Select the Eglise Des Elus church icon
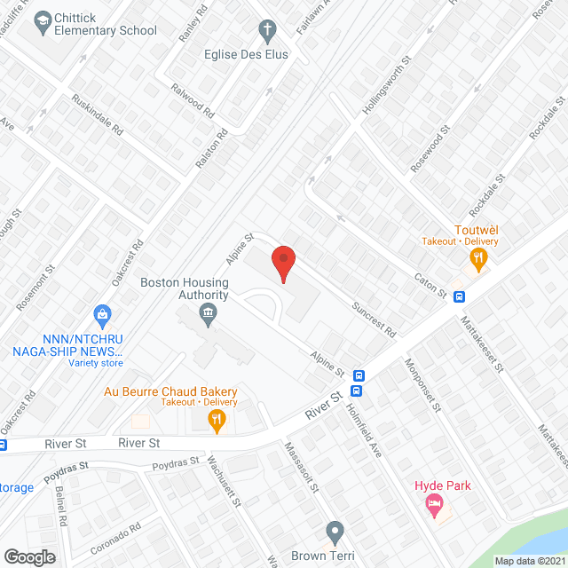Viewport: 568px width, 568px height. tap(265, 31)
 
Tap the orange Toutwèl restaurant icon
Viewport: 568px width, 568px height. tap(479, 259)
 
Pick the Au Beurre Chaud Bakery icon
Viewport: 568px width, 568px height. tap(217, 422)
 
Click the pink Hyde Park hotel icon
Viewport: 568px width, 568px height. tap(433, 507)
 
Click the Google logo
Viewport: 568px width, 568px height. tap(29, 556)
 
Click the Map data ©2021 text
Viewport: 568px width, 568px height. tap(529, 560)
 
